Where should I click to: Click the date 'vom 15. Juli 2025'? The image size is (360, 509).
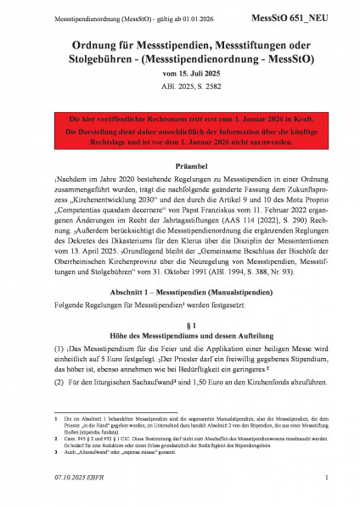pos(180,74)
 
